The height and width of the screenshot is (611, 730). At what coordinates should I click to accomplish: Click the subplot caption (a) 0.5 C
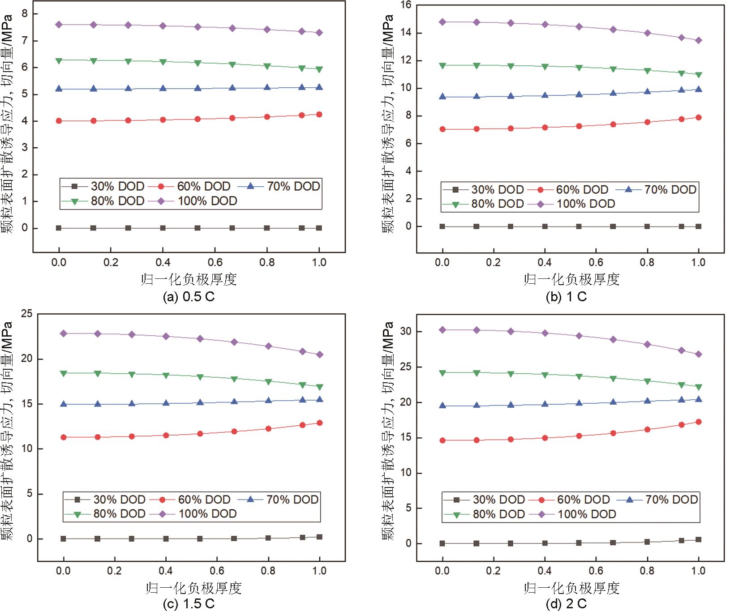(189, 297)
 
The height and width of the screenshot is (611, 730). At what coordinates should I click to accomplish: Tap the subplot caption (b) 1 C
(566, 297)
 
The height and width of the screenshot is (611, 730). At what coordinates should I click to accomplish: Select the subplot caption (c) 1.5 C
(189, 604)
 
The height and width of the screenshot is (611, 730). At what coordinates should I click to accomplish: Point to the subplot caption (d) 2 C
(566, 604)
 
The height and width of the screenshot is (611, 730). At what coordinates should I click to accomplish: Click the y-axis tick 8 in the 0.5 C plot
(25, 14)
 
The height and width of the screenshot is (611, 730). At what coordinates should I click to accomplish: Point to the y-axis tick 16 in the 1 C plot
(406, 5)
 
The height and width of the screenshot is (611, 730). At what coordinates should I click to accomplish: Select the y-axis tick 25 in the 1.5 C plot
(27, 313)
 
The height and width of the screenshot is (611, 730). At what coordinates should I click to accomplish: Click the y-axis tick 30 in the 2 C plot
(406, 331)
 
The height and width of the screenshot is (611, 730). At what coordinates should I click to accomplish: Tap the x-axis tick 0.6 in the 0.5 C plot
(215, 262)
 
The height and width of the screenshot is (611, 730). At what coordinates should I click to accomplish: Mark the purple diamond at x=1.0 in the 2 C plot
(698, 354)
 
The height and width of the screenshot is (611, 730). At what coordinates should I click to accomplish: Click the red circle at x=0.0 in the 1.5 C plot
(64, 437)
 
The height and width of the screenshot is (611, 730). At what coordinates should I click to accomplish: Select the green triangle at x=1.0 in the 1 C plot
(698, 75)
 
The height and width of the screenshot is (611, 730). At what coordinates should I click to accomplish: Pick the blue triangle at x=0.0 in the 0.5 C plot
(59, 89)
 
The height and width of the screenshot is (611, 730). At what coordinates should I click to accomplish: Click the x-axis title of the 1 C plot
(571, 279)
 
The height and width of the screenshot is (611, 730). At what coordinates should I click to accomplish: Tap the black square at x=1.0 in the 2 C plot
(698, 540)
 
